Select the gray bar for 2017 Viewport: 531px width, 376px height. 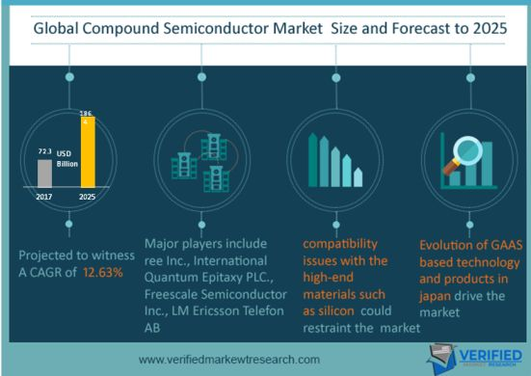click(43, 173)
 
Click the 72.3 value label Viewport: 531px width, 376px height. click(43, 152)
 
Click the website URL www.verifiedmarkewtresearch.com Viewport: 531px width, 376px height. click(229, 360)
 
